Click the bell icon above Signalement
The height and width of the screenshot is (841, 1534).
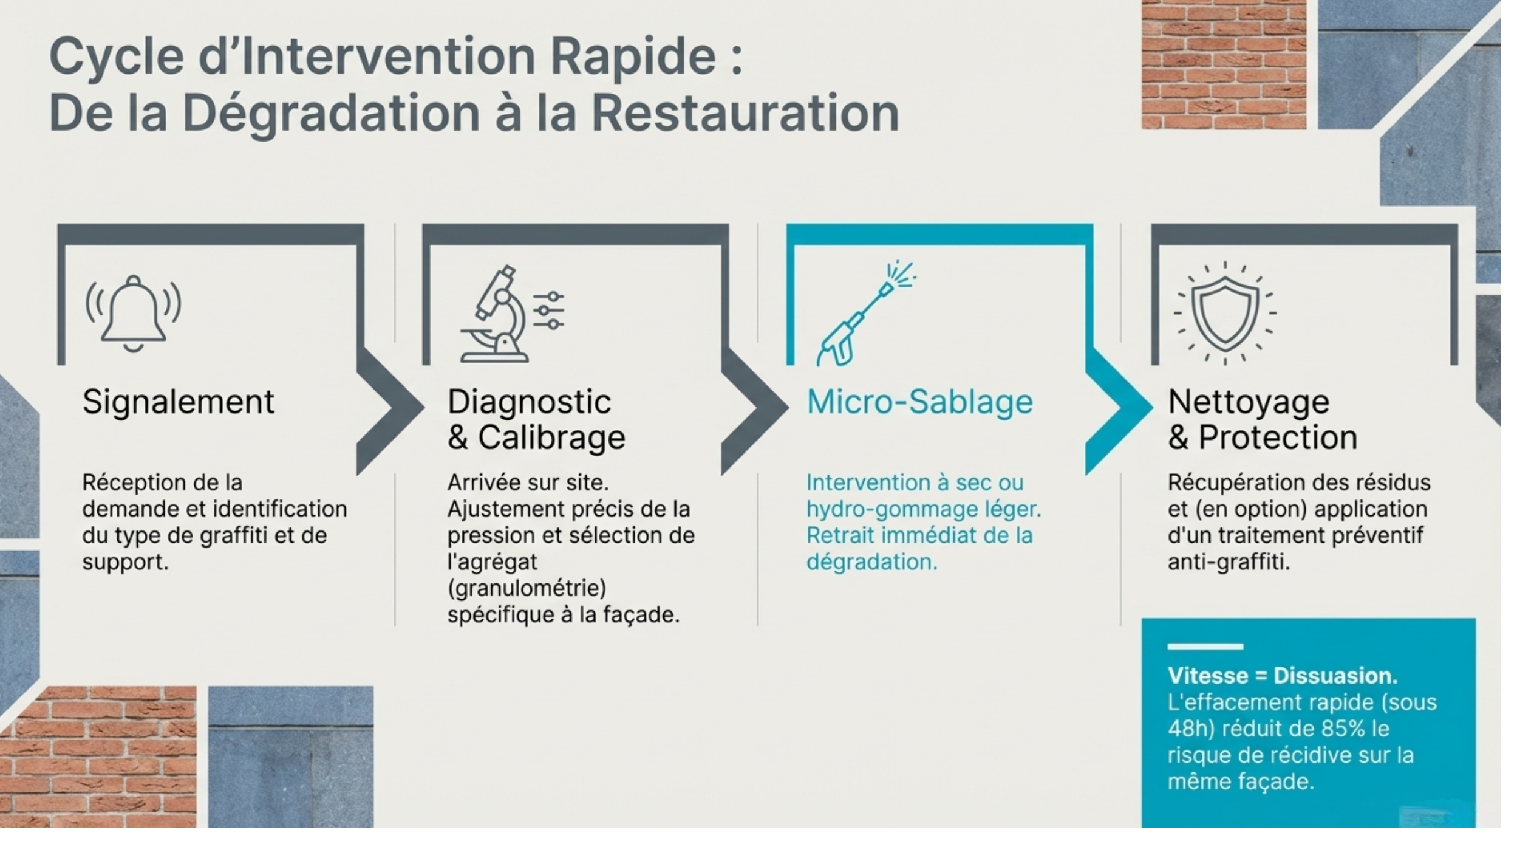tap(133, 313)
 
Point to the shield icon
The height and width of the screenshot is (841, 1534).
tap(1224, 313)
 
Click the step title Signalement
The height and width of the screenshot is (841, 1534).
tap(178, 402)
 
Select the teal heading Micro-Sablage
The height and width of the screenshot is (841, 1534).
tap(919, 402)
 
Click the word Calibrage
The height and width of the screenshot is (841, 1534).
tap(551, 438)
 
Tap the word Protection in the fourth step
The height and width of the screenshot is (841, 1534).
tap(1278, 438)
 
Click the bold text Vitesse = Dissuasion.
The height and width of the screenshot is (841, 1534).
tap(1282, 676)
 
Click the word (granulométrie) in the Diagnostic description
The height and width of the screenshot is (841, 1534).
tap(527, 588)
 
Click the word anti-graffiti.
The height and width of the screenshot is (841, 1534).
tap(1228, 562)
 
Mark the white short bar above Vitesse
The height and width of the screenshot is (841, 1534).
tap(1205, 647)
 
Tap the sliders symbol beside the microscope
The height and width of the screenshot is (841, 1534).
tap(549, 311)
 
